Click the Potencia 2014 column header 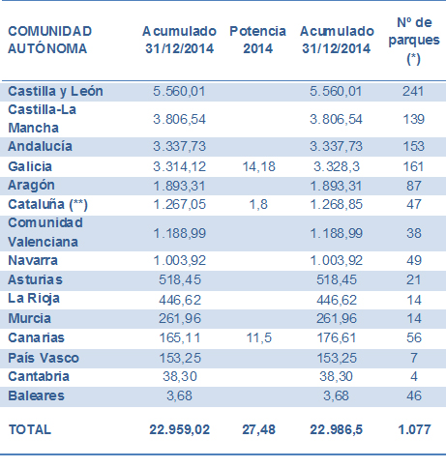[257, 40]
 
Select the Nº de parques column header [414, 41]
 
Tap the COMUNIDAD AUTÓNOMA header [50, 40]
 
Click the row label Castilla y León [55, 91]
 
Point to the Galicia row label [30, 166]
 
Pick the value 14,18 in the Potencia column [258, 166]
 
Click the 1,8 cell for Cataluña [258, 204]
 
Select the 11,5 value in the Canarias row [259, 337]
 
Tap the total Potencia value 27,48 [258, 429]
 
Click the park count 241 [413, 91]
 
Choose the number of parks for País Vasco [414, 358]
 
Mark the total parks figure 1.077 [414, 429]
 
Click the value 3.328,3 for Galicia [337, 166]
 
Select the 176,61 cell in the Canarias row [337, 337]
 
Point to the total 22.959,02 [180, 429]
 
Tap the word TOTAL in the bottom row [30, 429]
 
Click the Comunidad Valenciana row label [45, 232]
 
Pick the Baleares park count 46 [414, 395]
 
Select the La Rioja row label [34, 299]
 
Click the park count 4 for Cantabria [414, 376]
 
